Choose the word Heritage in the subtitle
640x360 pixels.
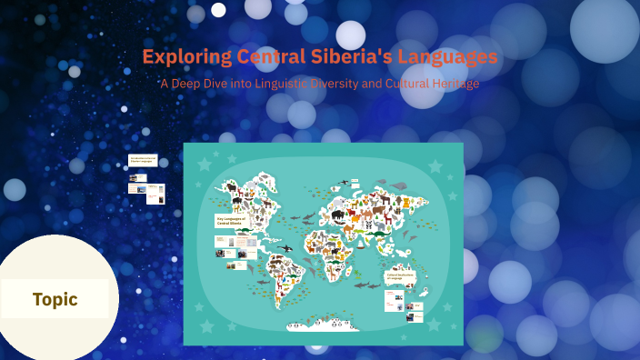point(452,84)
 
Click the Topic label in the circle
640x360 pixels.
point(55,299)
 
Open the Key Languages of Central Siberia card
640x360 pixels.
point(232,221)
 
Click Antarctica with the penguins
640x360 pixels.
point(323,324)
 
